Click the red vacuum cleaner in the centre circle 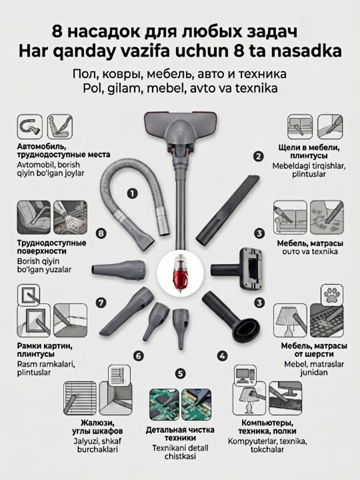pyautogui.click(x=180, y=272)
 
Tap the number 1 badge pyautogui.click(x=132, y=193)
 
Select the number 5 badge pyautogui.click(x=180, y=373)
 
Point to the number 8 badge pyautogui.click(x=101, y=233)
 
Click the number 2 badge pyautogui.click(x=259, y=157)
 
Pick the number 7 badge pyautogui.click(x=101, y=303)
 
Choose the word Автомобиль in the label pyautogui.click(x=41, y=147)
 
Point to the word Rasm pyautogui.click(x=27, y=364)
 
